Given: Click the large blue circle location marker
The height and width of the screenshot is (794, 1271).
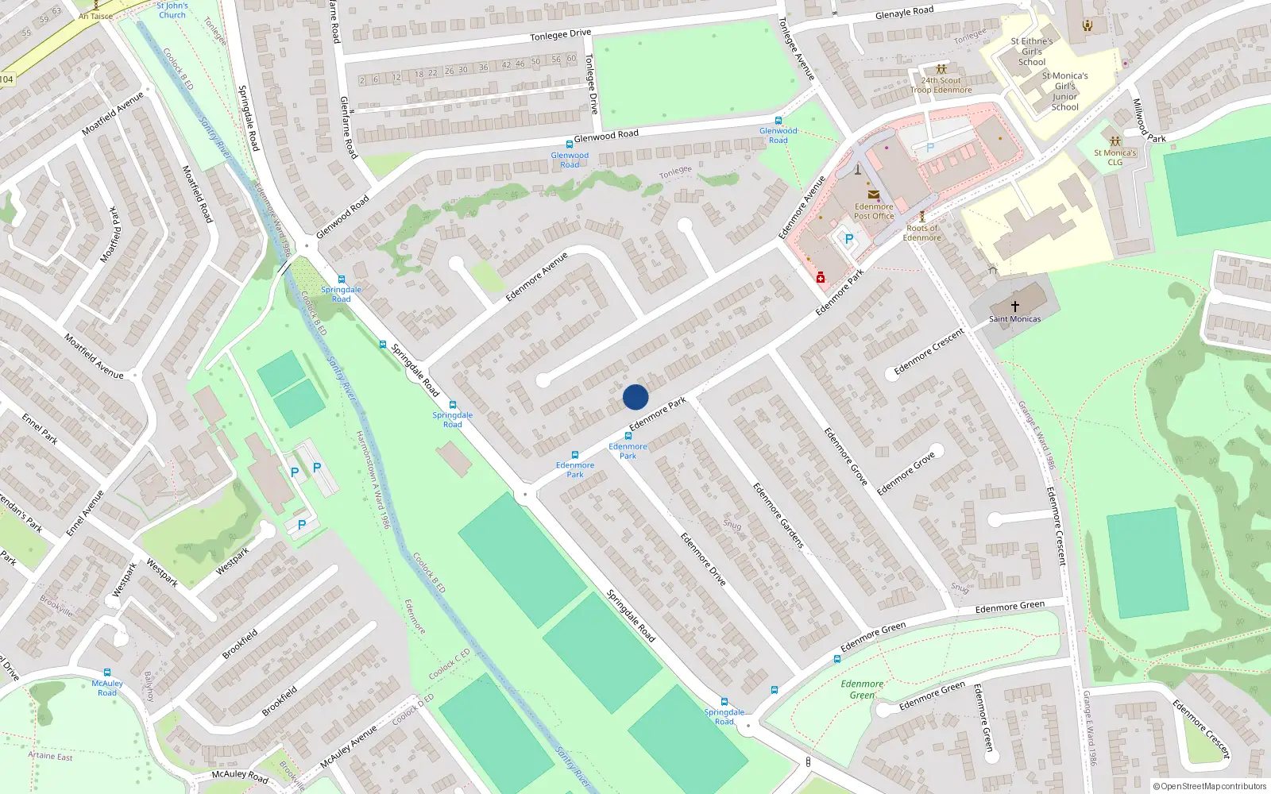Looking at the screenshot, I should click(635, 397).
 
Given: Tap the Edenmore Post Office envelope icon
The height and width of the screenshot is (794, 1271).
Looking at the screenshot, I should click(873, 195).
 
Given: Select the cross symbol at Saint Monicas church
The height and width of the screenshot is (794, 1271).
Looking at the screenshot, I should click(1014, 306).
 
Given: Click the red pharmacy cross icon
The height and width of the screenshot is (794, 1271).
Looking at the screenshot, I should click(821, 278).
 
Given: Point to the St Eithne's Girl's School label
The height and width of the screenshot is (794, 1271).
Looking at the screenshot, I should click(1032, 52).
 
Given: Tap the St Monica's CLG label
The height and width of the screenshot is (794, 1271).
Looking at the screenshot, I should click(1115, 157).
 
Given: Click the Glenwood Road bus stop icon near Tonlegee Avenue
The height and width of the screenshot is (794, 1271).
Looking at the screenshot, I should click(778, 121).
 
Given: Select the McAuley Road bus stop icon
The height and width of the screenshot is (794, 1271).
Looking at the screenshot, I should click(107, 673).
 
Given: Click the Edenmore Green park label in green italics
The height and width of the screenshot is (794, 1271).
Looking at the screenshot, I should click(862, 689).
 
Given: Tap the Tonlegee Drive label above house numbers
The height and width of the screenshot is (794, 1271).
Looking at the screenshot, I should click(561, 35).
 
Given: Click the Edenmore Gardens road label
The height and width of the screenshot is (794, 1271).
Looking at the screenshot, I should click(778, 515).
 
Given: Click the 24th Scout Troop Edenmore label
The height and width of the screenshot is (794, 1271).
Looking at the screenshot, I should click(941, 85).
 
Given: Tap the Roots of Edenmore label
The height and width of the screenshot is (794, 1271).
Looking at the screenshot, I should click(921, 233).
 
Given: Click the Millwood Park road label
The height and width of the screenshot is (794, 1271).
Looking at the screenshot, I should click(1149, 121).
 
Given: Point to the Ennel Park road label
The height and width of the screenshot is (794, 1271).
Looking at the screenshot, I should click(40, 428).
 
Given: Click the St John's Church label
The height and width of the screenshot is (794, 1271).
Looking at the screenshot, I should click(172, 10).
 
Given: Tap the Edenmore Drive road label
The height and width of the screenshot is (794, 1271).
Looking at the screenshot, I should click(703, 559).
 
